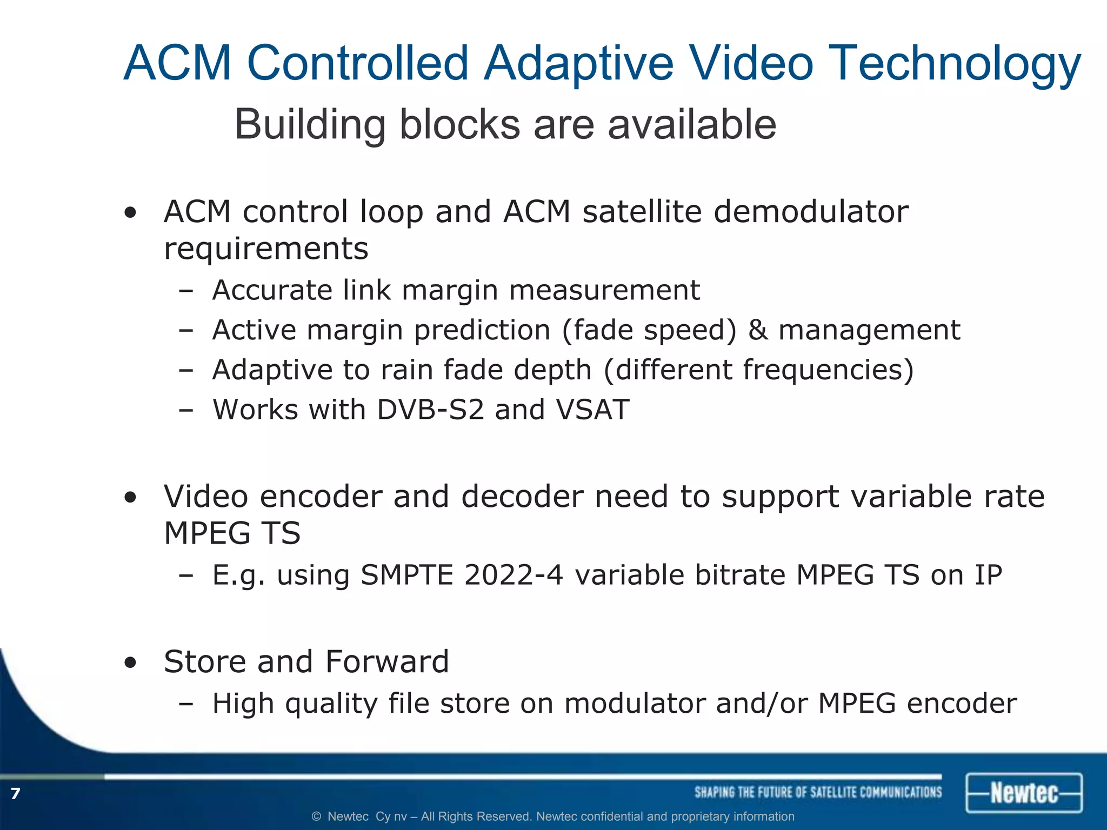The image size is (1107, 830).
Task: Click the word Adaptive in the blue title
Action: [x=578, y=64]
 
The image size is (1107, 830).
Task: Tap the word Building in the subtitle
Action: [x=310, y=125]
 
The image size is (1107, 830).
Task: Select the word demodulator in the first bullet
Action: [x=811, y=211]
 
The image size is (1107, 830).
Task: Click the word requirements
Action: [x=266, y=249]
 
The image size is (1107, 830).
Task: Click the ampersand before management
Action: [x=758, y=330]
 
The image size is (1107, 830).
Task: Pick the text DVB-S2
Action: [x=430, y=410]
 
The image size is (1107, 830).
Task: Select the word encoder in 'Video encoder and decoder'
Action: [x=321, y=496]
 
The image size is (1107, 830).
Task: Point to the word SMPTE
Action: [x=406, y=574]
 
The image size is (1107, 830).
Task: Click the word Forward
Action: [x=387, y=661]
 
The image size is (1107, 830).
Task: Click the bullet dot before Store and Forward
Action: [x=130, y=663]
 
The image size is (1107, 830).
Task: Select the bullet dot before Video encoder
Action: [x=130, y=498]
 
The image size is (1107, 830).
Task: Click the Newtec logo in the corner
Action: [x=1024, y=793]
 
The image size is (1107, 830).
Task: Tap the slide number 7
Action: [x=15, y=793]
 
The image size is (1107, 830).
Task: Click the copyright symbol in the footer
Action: [x=317, y=816]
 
